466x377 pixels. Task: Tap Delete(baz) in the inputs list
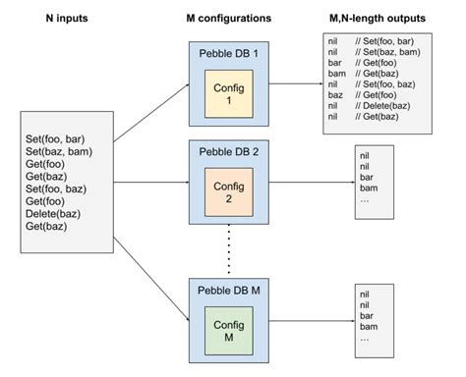click(57, 215)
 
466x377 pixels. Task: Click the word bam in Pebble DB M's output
click(367, 326)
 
